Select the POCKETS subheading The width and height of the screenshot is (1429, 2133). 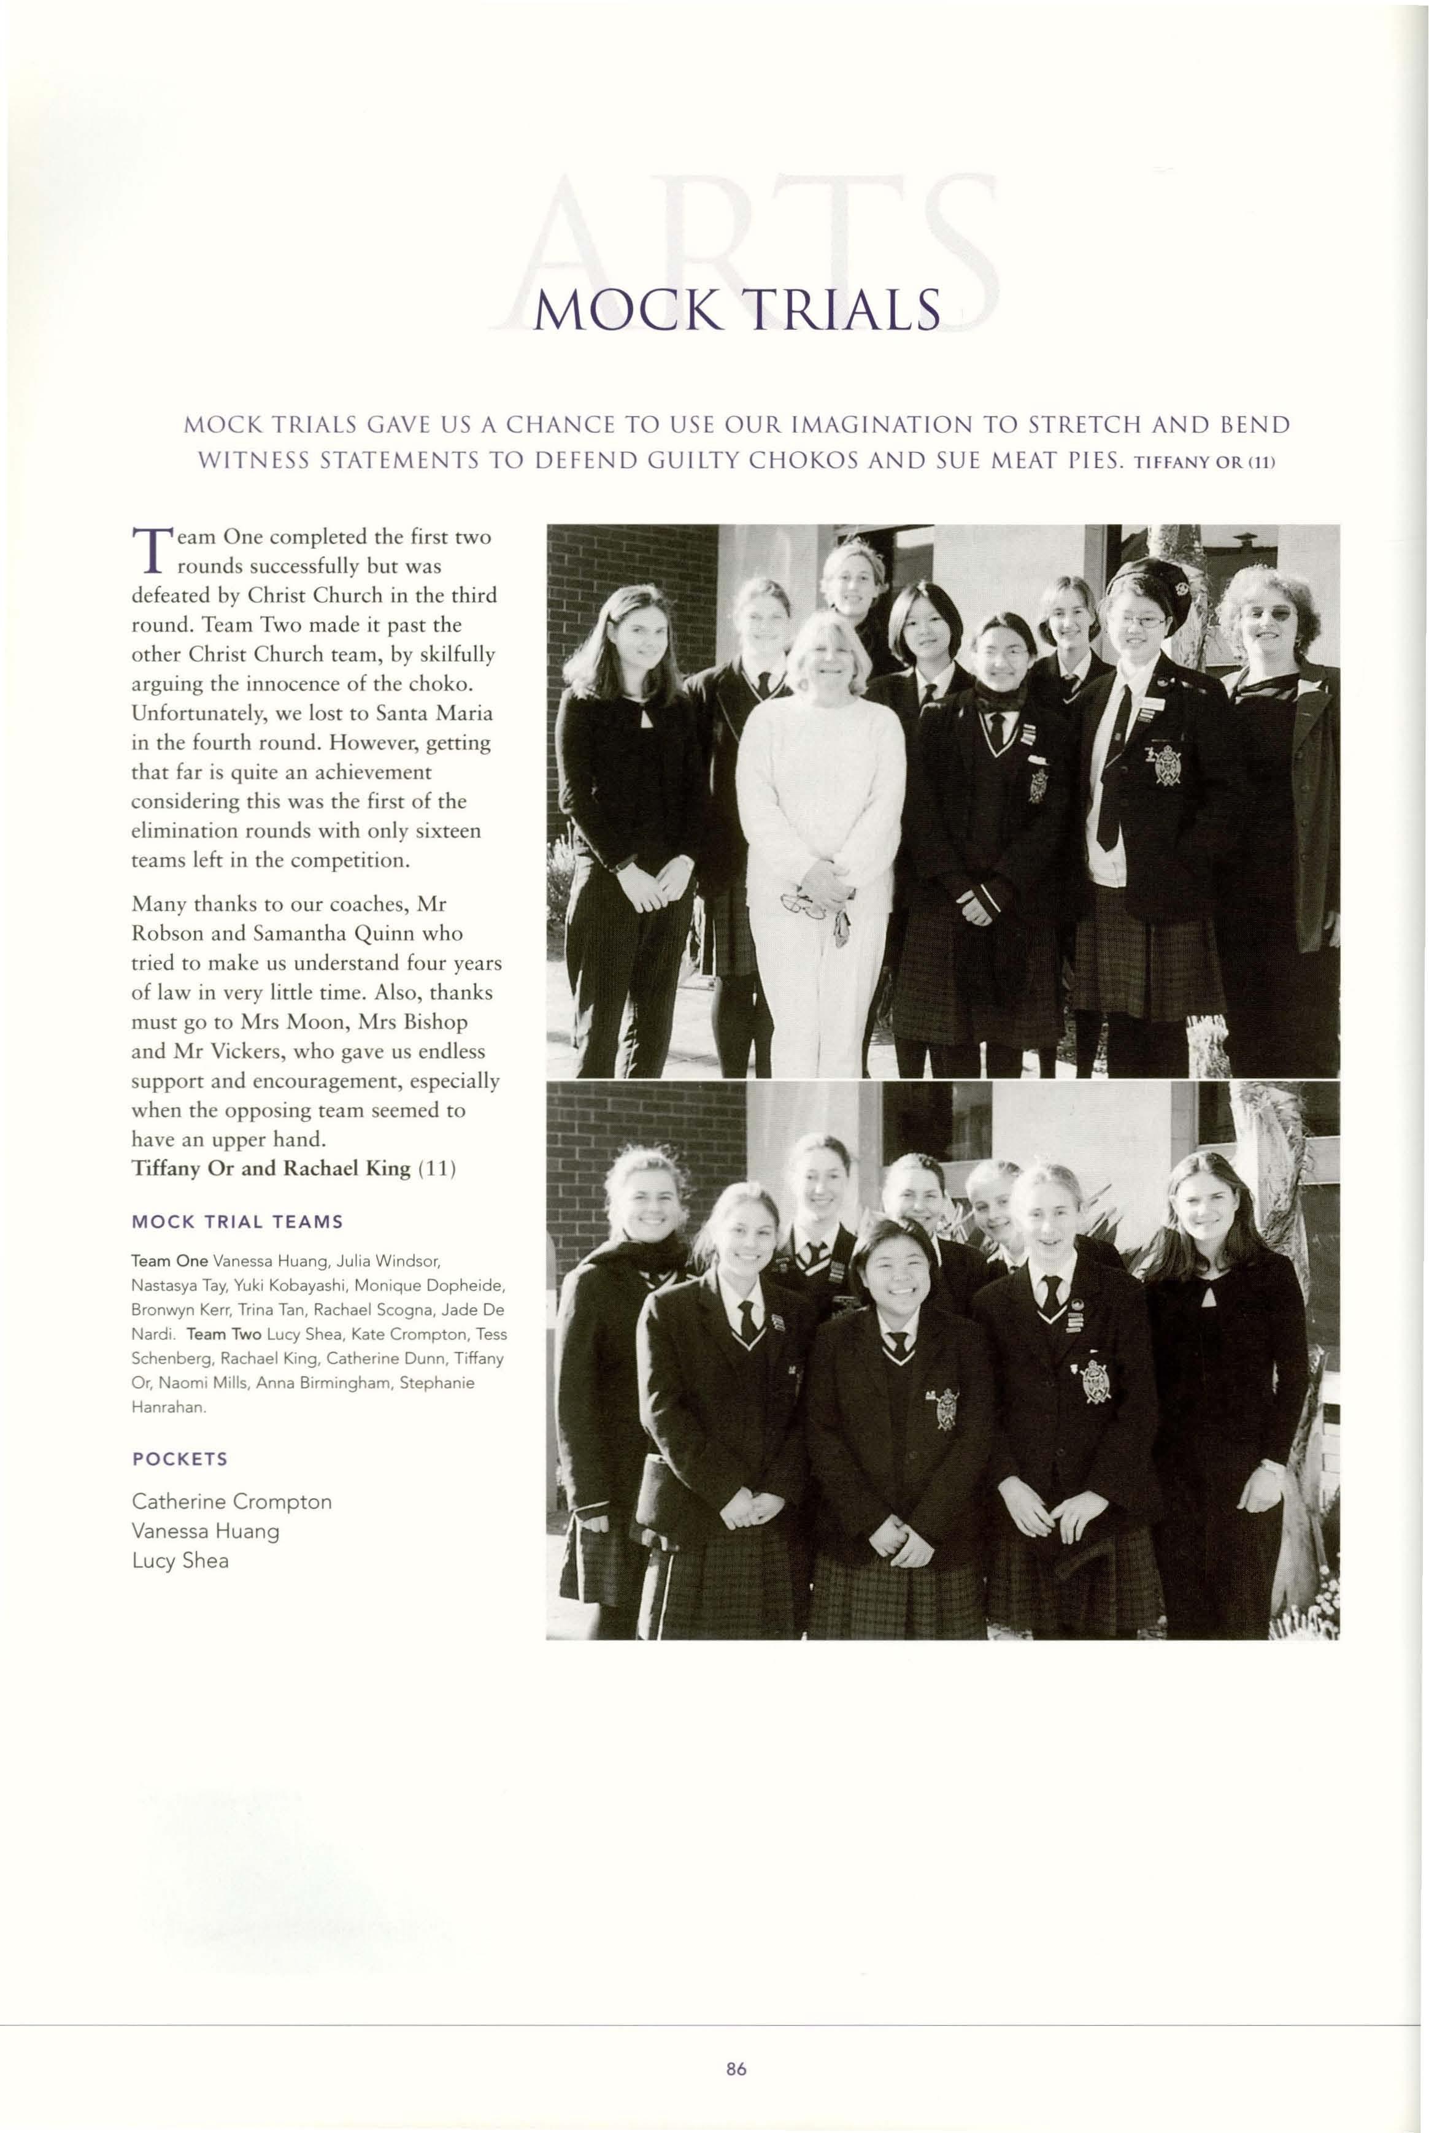click(x=180, y=1459)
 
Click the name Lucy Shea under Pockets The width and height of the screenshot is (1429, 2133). click(x=180, y=1561)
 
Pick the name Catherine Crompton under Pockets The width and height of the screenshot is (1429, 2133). click(x=231, y=1502)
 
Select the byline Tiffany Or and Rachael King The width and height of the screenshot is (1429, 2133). click(x=271, y=1169)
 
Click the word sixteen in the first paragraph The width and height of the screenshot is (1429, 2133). click(x=447, y=831)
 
